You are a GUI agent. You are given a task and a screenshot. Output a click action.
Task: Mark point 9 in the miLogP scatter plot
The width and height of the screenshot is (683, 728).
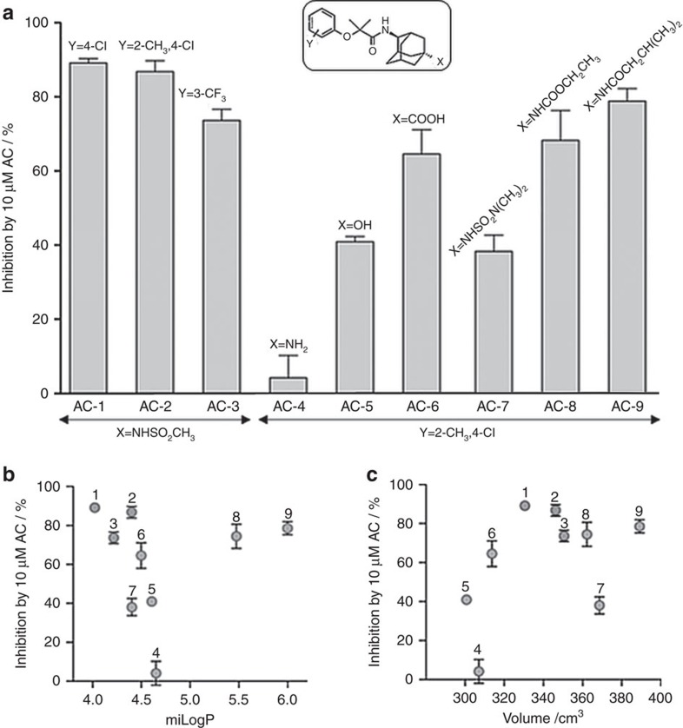click(288, 528)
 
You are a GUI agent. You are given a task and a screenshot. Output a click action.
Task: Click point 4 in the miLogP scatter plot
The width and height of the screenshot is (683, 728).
click(156, 673)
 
